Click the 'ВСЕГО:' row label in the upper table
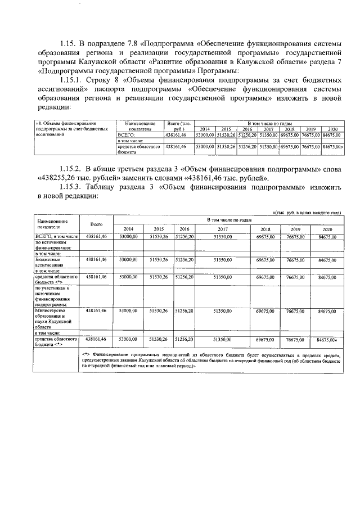coord(124,135)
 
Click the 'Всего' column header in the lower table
coord(96,224)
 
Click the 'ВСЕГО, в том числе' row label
coord(56,237)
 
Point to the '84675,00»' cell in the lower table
coord(327,340)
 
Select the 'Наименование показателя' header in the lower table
coord(51,224)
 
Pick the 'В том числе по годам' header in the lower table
coord(228,219)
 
